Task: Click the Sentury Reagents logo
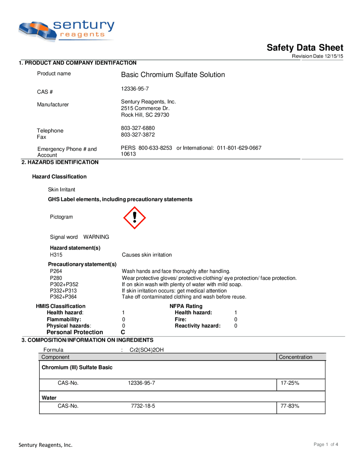click(66, 31)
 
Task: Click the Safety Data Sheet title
click(305, 47)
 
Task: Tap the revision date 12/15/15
click(334, 56)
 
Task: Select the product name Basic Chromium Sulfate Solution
click(173, 75)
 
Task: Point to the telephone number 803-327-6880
click(138, 128)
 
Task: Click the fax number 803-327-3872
click(138, 135)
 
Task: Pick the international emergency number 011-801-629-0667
click(239, 148)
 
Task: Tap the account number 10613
click(128, 154)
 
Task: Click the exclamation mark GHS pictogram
click(134, 218)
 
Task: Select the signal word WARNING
click(96, 237)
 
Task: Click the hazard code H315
click(56, 255)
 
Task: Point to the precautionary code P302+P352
click(64, 284)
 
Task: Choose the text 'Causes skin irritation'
click(147, 255)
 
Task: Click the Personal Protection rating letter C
click(123, 332)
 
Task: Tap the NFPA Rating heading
click(186, 306)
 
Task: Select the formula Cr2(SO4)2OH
click(147, 350)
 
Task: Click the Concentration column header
click(296, 357)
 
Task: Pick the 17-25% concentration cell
click(290, 383)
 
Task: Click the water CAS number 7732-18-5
click(143, 406)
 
